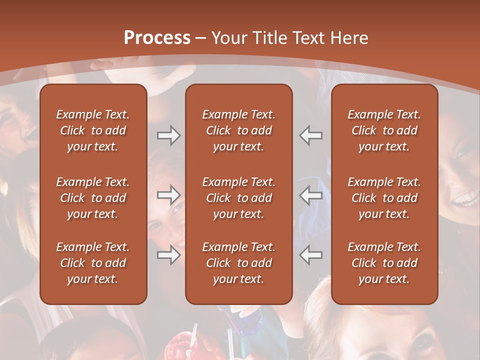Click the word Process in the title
tap(157, 38)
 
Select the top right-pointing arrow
tap(168, 135)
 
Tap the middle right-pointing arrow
tap(168, 195)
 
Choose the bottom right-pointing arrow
tap(168, 255)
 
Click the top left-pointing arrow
tap(311, 135)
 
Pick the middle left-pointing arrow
tap(311, 195)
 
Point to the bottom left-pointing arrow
tap(311, 255)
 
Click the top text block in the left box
tap(93, 130)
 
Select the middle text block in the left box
tap(93, 198)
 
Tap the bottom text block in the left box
tap(93, 263)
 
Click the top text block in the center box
tap(238, 130)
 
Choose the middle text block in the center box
tap(238, 198)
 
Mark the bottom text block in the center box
tap(238, 263)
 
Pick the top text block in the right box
tap(384, 130)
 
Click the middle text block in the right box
tap(384, 198)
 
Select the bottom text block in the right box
tap(384, 263)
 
